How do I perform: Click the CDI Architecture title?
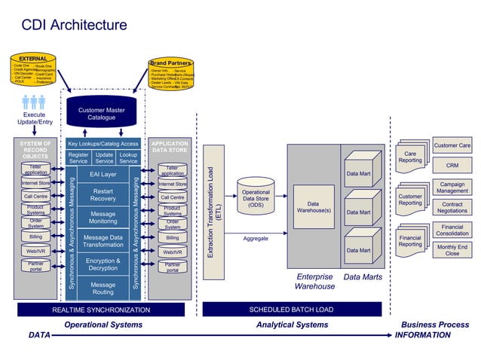(x=74, y=26)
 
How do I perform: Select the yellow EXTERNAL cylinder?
(x=33, y=69)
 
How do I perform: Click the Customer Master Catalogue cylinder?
(x=102, y=113)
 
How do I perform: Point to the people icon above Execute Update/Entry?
(x=33, y=102)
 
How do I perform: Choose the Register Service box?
(x=78, y=157)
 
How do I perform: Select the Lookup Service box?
(x=128, y=157)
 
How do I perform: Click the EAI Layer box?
(x=103, y=174)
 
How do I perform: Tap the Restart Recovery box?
(x=103, y=195)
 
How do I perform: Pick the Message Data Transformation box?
(x=103, y=241)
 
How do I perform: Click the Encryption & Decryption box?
(x=103, y=264)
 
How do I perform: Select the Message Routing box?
(x=103, y=288)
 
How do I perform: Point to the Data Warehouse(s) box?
(x=313, y=207)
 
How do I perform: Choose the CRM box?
(x=452, y=165)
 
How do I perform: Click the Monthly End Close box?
(x=452, y=250)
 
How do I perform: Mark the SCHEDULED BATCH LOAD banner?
(x=291, y=310)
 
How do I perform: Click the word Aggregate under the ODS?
(x=256, y=239)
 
